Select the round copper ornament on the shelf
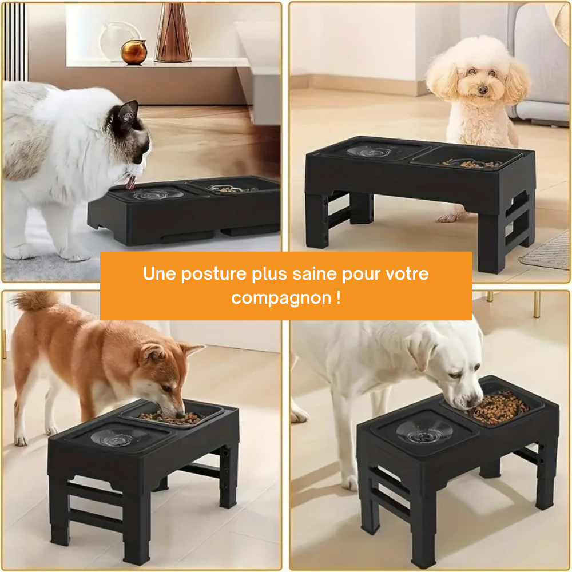coord(134,52)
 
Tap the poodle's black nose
coord(483,90)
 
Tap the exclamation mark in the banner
coord(339,298)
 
